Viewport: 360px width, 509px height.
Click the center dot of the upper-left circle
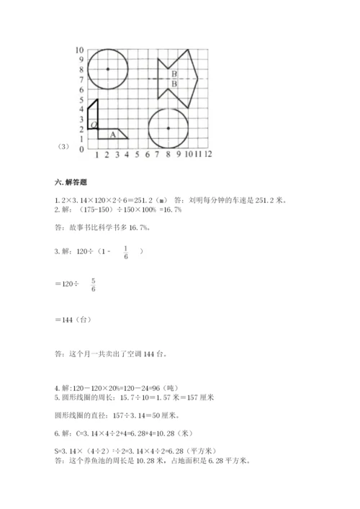tap(107, 69)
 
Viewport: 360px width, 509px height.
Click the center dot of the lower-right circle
tap(168, 128)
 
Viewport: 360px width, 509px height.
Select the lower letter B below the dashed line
tap(174, 84)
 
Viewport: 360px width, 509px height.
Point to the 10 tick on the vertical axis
tap(79, 50)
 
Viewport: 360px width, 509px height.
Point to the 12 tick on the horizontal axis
tap(208, 154)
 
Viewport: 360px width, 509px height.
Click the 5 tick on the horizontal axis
tap(137, 154)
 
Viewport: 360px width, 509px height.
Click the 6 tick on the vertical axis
tap(81, 89)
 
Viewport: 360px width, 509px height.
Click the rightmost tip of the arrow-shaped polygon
tap(198, 78)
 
